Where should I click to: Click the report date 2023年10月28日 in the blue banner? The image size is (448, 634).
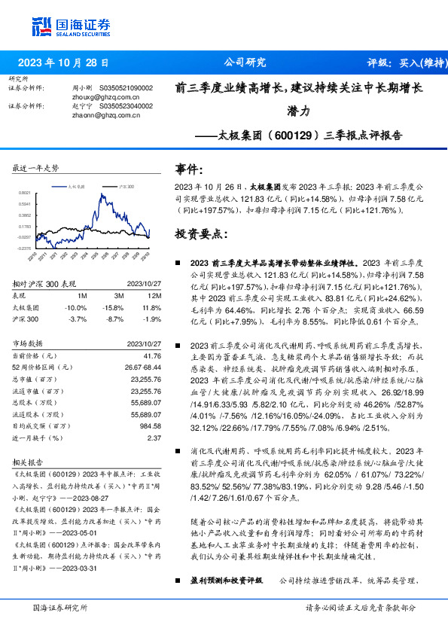[x=63, y=62]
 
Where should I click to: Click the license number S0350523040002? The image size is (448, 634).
[x=126, y=106]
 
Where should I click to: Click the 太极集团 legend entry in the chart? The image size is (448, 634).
[x=77, y=184]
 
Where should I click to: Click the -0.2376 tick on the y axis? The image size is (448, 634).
[x=25, y=248]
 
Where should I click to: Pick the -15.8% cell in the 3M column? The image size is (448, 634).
[x=113, y=307]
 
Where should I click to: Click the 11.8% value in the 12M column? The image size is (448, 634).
[x=151, y=307]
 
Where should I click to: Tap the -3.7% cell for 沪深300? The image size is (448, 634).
[x=77, y=319]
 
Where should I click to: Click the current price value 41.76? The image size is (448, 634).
[x=152, y=355]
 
